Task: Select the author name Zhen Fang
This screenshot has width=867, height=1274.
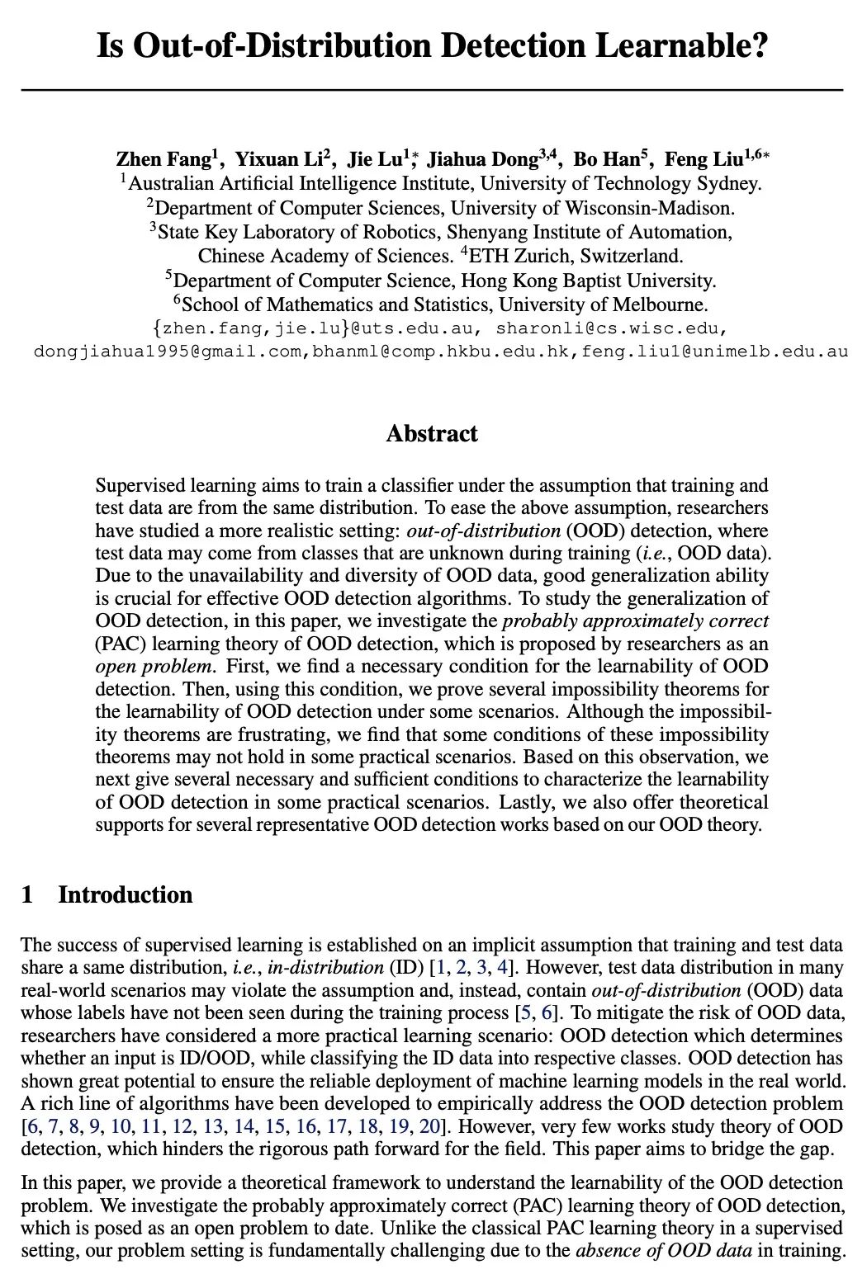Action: pyautogui.click(x=163, y=159)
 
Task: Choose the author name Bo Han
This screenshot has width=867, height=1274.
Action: pyautogui.click(x=605, y=159)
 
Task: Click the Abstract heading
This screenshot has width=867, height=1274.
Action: pyautogui.click(x=432, y=434)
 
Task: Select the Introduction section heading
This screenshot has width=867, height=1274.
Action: pyautogui.click(x=125, y=895)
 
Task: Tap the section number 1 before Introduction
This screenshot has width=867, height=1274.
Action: pyautogui.click(x=27, y=895)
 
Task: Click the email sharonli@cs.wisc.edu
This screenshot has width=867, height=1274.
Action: pyautogui.click(x=611, y=328)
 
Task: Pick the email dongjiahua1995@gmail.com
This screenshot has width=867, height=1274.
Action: pyautogui.click(x=168, y=352)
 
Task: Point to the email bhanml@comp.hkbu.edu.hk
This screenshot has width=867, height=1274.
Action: pyautogui.click(x=444, y=352)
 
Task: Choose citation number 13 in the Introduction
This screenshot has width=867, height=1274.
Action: pyautogui.click(x=213, y=1127)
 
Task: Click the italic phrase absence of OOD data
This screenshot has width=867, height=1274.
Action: pyautogui.click(x=663, y=1251)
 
